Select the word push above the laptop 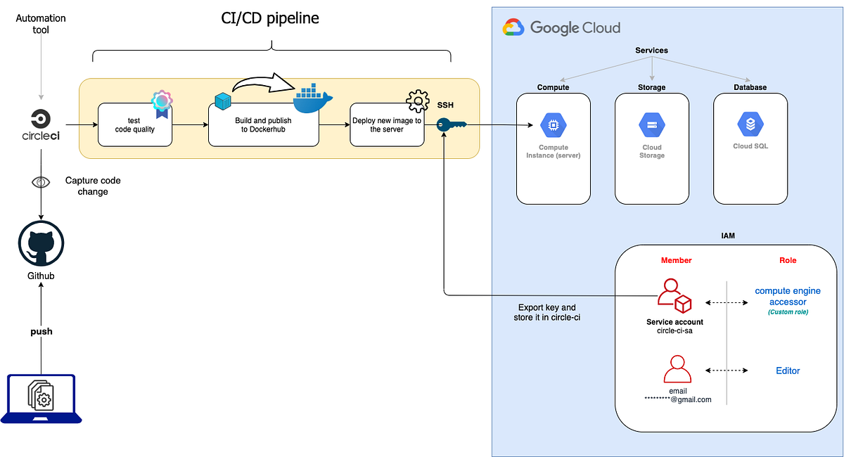pyautogui.click(x=41, y=331)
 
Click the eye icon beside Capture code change pyautogui.click(x=41, y=182)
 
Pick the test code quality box pyautogui.click(x=134, y=125)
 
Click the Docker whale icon pyautogui.click(x=312, y=98)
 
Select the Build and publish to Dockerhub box pyautogui.click(x=263, y=125)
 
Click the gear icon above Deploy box pyautogui.click(x=418, y=102)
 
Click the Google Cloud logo pyautogui.click(x=562, y=28)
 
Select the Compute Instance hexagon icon pyautogui.click(x=553, y=126)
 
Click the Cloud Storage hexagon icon pyautogui.click(x=651, y=126)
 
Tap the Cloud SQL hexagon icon pyautogui.click(x=750, y=125)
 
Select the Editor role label pyautogui.click(x=788, y=371)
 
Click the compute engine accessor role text pyautogui.click(x=788, y=296)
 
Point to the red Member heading pyautogui.click(x=676, y=260)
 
